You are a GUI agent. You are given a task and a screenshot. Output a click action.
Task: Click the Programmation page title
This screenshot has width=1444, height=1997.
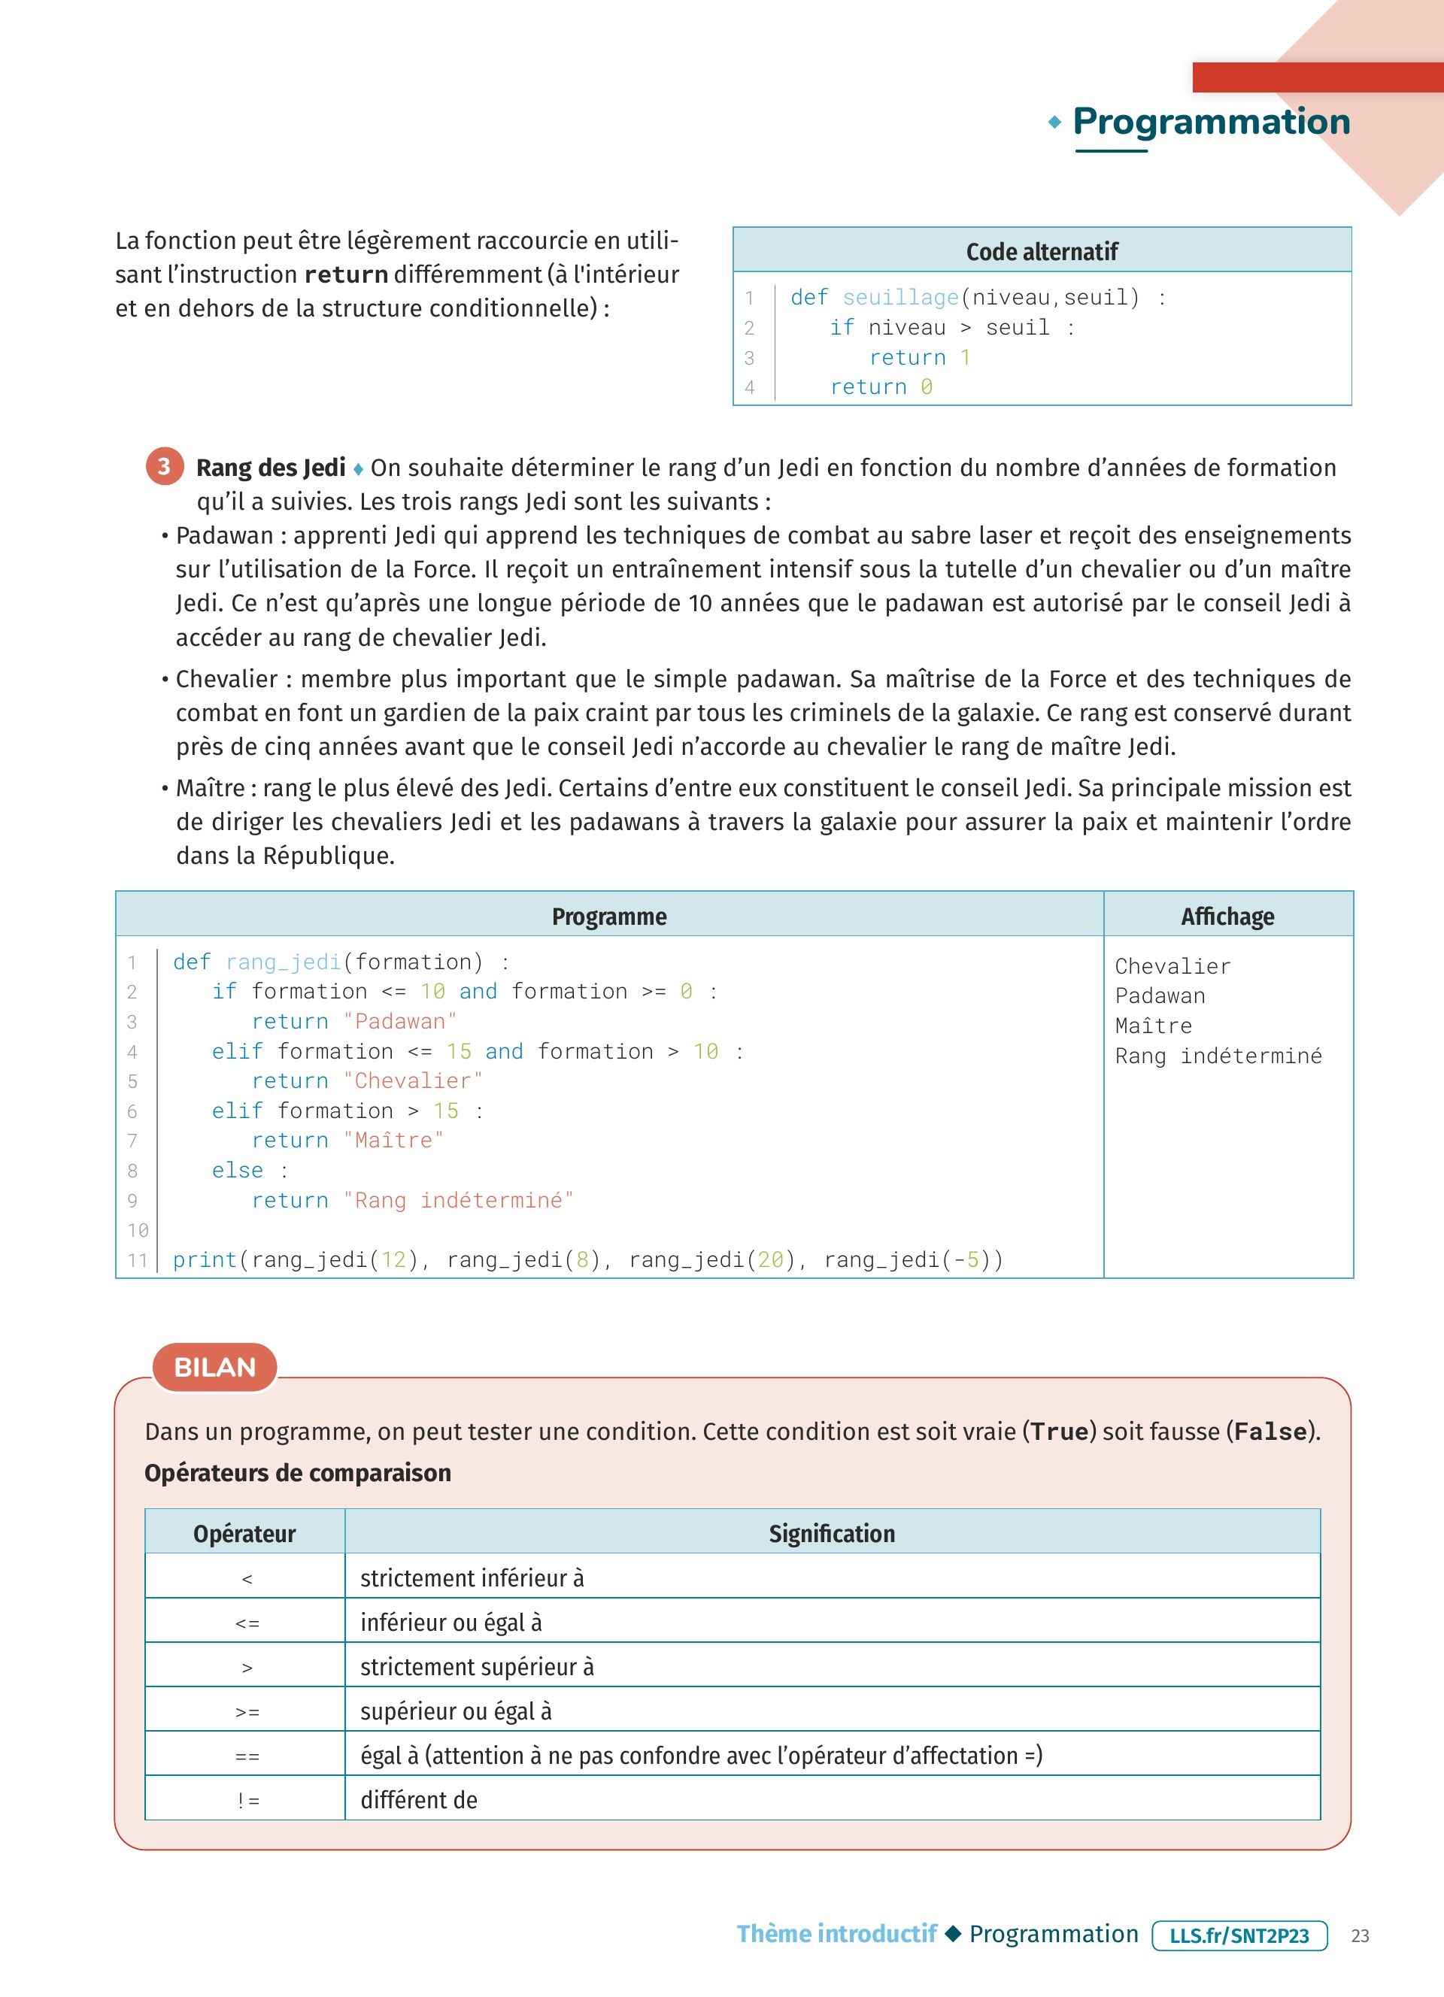click(x=1211, y=122)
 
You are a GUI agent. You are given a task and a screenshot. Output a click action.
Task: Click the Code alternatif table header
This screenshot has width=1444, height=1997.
click(x=1042, y=252)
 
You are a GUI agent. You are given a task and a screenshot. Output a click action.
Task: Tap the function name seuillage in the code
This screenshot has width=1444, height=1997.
click(x=899, y=298)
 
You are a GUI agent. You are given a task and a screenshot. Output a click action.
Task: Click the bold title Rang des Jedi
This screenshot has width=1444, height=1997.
click(x=270, y=468)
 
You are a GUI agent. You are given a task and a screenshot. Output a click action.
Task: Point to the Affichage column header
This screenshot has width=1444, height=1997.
click(x=1227, y=917)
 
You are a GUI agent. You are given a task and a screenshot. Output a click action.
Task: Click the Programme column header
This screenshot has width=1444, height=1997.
click(x=609, y=917)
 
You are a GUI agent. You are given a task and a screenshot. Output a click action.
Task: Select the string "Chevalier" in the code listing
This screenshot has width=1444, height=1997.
click(x=413, y=1081)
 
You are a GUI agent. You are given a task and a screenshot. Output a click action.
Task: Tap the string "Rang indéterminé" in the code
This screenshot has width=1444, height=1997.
click(x=458, y=1200)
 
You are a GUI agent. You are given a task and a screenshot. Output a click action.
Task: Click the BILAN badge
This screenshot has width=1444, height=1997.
click(x=215, y=1368)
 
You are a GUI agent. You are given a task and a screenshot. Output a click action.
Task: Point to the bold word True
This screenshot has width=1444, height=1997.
click(x=1060, y=1432)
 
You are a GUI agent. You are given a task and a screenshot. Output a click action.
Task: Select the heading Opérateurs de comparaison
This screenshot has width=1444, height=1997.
click(x=298, y=1473)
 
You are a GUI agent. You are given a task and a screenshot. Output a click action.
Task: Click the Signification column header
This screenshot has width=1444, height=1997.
click(x=832, y=1534)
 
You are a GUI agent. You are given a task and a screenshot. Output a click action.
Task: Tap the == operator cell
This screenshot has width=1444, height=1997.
click(x=247, y=1756)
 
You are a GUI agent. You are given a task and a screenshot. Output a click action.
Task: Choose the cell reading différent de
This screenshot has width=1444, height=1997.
click(x=419, y=1801)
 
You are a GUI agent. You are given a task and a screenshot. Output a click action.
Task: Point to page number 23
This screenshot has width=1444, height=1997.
click(x=1361, y=1935)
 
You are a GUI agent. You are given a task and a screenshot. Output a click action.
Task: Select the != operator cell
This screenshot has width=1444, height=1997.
click(x=247, y=1802)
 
